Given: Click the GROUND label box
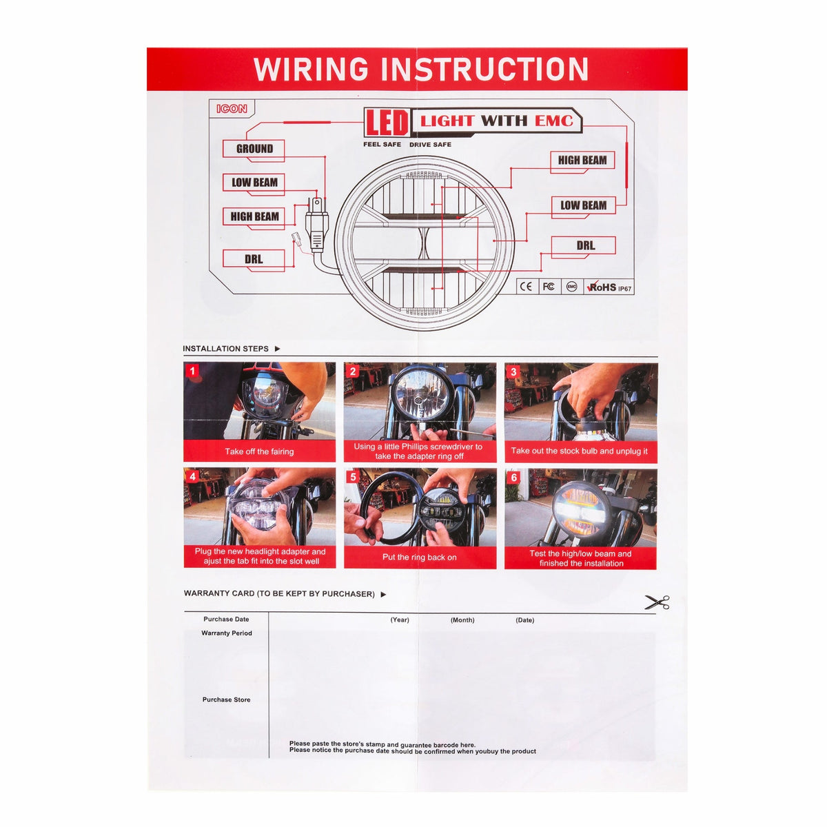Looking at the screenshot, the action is coord(254,149).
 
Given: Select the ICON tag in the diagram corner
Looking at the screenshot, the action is coord(232,109).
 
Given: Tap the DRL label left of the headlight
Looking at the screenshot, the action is coord(254,259).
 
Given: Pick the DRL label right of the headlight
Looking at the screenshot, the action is coord(584,245).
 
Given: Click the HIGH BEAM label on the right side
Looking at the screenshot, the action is coord(582,160).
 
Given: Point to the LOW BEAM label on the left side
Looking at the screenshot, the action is coord(254,183).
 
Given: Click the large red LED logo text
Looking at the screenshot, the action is coord(387,123).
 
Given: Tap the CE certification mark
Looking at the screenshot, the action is coord(526,287).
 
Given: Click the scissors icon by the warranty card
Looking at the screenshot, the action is coord(657,602).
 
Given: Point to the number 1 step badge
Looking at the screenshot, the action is coord(192,371).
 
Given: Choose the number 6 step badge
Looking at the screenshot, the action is coord(513,478).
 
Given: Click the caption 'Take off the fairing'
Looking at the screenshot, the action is coord(259,451).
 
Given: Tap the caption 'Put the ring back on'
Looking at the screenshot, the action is coord(419,557).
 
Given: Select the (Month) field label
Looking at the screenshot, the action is coord(462,620).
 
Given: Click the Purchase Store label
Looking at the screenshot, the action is coord(226,700).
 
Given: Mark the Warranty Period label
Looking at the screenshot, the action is coord(227,633).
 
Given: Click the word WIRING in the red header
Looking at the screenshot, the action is coord(311,69).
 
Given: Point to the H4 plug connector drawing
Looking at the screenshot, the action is coord(317,225).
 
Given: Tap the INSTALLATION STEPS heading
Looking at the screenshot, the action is coord(226,349).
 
